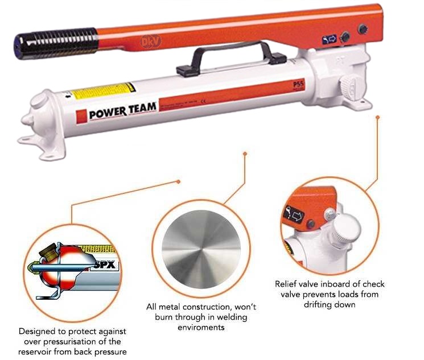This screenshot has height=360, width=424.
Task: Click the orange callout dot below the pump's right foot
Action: [377, 117]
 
